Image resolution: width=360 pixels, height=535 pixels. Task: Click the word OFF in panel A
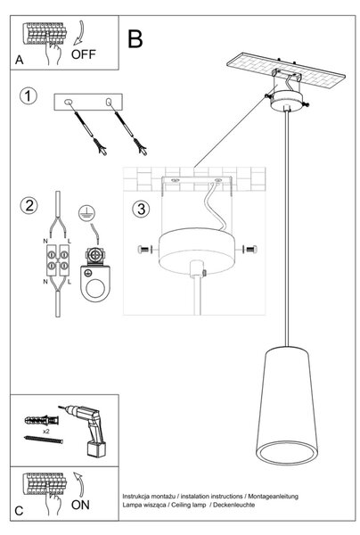84,54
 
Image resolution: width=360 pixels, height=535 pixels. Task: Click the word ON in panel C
80,505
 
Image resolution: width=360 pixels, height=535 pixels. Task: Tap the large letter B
135,39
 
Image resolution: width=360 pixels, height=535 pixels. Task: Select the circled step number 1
28,96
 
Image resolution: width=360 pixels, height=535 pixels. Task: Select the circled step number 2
29,205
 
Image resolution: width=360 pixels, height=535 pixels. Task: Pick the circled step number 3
141,209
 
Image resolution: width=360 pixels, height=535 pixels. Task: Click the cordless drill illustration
87,429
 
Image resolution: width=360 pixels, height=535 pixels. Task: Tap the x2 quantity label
46,432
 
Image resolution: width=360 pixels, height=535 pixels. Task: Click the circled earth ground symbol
86,213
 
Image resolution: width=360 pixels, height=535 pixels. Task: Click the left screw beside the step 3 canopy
143,250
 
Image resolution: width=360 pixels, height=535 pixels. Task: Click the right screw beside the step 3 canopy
251,250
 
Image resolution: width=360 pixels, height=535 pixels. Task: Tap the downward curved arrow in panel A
79,33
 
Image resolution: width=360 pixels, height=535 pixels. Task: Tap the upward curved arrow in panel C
79,484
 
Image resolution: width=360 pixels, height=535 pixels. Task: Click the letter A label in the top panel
19,60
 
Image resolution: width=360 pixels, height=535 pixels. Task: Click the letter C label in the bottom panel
19,511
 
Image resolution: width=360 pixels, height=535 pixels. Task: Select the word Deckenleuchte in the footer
233,505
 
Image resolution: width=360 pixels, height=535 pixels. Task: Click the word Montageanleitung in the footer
273,496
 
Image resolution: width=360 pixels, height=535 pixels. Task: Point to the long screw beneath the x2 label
44,440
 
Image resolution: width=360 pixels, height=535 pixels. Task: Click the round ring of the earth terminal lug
95,289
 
